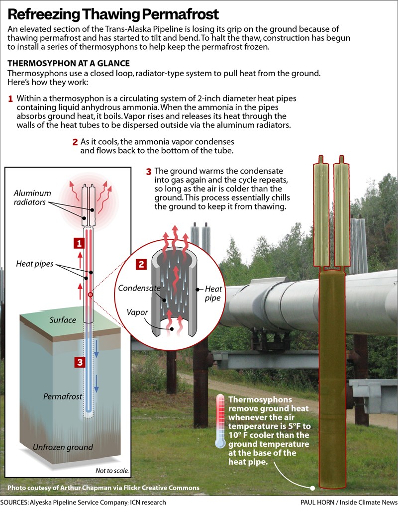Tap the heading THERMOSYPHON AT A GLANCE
click(69, 64)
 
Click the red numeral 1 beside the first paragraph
click(10, 99)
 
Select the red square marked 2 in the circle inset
click(142, 264)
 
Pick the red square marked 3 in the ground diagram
click(79, 362)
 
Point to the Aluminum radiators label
click(32, 198)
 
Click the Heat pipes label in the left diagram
click(35, 264)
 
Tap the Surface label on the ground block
click(62, 320)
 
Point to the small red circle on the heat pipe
click(91, 295)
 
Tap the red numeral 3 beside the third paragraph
click(148, 172)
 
